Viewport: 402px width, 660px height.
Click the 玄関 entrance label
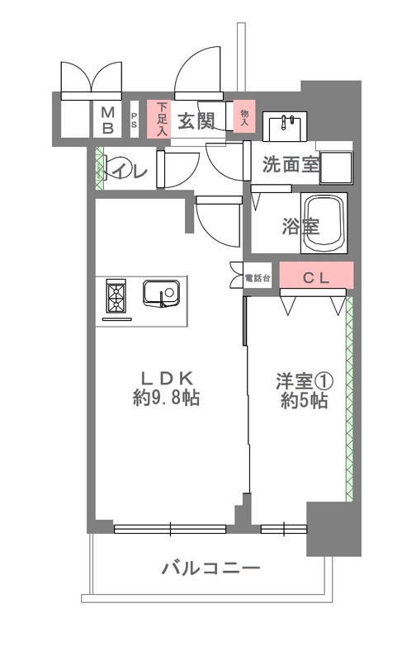point(197,121)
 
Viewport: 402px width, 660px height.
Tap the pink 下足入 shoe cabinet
point(160,119)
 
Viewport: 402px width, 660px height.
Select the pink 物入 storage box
point(244,116)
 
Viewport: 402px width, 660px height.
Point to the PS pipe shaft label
point(134,120)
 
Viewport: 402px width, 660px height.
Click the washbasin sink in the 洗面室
point(286,126)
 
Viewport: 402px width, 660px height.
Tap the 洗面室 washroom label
point(291,164)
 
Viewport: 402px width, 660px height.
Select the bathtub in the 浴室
point(324,223)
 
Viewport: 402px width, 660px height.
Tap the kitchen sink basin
point(161,293)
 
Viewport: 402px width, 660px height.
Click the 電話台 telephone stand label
point(257,279)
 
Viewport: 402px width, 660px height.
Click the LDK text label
point(166,379)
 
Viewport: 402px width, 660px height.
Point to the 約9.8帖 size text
point(166,400)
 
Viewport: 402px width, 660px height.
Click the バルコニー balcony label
point(210,568)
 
